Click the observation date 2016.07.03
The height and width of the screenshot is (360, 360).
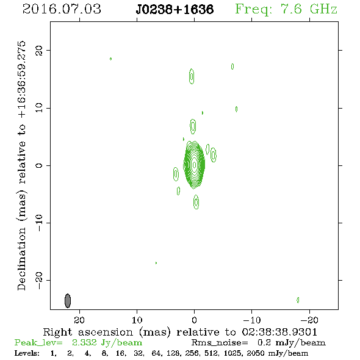pos(62,9)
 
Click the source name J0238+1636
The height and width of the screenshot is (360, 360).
pos(175,9)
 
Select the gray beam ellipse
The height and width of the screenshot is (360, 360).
pos(68,301)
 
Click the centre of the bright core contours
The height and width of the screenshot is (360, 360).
pos(195,165)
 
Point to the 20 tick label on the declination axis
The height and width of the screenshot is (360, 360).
pos(39,51)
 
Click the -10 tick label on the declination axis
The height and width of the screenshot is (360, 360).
pos(39,223)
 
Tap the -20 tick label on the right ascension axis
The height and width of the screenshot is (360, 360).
pos(309,320)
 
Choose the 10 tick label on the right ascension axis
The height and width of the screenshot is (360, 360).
pos(137,320)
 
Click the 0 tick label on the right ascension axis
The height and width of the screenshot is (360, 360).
pos(194,320)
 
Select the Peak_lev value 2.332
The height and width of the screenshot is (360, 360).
pos(84,342)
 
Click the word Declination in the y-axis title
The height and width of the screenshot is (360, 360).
pos(21,259)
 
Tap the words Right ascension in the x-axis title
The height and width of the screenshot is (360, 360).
pos(88,332)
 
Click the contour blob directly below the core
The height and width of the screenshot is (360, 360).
pos(196,202)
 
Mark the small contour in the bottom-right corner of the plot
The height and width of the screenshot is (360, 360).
pos(298,300)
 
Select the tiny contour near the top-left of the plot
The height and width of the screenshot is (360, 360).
pos(110,59)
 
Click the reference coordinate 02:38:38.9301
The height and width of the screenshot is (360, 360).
pos(279,332)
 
